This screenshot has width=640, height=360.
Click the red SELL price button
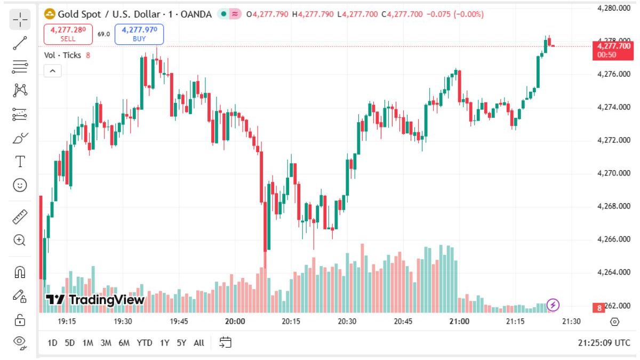[x=68, y=34]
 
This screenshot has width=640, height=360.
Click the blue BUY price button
[x=139, y=34]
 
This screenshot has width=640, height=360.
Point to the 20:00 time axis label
[x=235, y=322]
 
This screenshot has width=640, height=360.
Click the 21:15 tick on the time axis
[x=515, y=322]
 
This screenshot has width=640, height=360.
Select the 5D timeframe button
[x=70, y=343]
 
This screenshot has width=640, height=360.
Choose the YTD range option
[x=144, y=343]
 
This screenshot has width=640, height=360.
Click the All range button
[x=199, y=343]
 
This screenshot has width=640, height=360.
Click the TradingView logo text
[x=95, y=300]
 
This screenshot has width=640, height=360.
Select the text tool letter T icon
[x=20, y=162]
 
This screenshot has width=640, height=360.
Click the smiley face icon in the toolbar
[x=20, y=185]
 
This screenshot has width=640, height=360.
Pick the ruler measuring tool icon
[x=20, y=217]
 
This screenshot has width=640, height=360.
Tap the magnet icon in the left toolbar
[x=20, y=273]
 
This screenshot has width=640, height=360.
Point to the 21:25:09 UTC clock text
[x=604, y=343]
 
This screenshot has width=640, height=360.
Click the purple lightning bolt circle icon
[x=554, y=305]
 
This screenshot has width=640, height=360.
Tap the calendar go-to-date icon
[x=226, y=343]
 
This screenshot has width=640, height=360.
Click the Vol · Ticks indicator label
[x=63, y=55]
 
